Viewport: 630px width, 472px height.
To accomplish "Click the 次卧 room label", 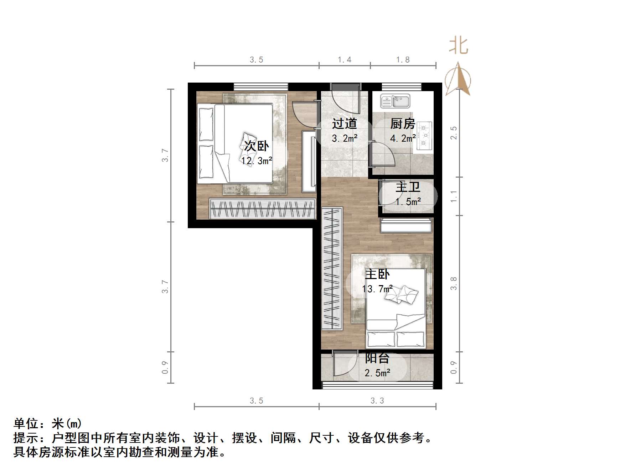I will click(256, 146).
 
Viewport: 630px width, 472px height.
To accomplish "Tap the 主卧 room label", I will click(377, 274).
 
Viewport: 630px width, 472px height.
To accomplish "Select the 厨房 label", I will click(403, 124).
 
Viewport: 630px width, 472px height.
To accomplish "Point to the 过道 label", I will click(344, 124).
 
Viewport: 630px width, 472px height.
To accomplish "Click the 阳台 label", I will click(377, 358).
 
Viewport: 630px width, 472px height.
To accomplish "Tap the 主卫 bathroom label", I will click(408, 187).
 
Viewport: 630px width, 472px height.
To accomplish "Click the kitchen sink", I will click(396, 101).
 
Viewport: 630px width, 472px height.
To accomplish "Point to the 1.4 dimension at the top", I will click(345, 60).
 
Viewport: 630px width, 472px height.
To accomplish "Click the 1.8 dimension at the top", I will click(403, 60).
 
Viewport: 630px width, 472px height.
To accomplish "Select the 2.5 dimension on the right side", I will click(454, 133).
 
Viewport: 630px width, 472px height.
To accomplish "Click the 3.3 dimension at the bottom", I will click(377, 401).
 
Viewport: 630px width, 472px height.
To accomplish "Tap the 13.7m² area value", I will click(377, 289).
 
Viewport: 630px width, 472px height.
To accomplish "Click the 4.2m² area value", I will click(403, 138).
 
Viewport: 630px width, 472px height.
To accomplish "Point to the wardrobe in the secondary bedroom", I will click(262, 208).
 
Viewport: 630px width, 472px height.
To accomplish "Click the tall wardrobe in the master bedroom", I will click(332, 269).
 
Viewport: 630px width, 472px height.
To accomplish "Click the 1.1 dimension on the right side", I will click(454, 196).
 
